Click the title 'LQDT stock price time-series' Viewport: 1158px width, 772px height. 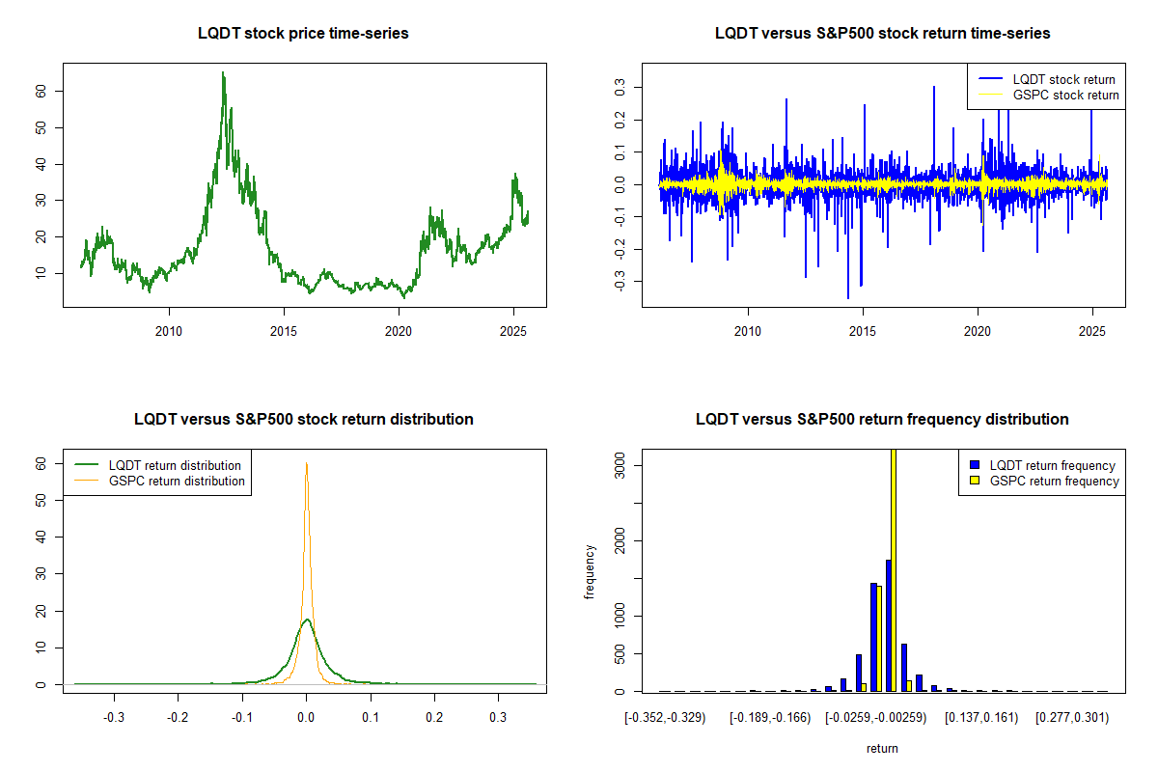303,34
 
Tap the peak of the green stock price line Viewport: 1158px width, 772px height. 223,73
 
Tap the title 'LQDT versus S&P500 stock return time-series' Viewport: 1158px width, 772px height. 882,34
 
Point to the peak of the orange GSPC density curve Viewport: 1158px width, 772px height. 307,463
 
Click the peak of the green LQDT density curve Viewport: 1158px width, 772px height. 307,620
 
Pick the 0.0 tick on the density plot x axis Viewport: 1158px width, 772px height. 306,719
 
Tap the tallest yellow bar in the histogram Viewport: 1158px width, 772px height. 894,569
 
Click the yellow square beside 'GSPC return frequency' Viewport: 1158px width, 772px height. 975,481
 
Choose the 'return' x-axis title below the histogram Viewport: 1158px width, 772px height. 882,748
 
